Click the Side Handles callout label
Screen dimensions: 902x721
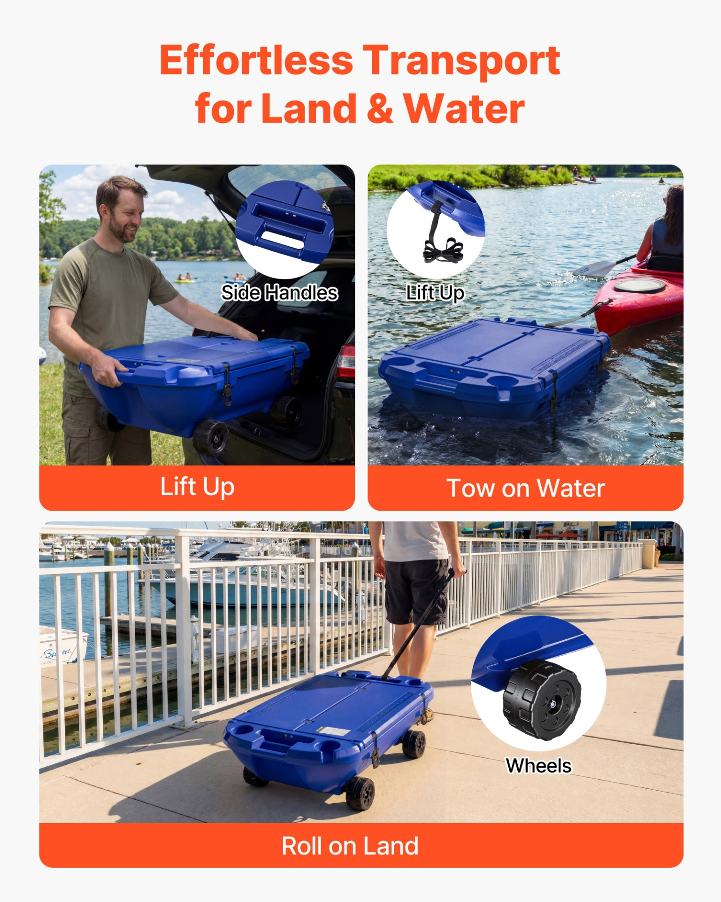point(280,293)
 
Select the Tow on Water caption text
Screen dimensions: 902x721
point(525,488)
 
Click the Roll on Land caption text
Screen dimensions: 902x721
point(350,846)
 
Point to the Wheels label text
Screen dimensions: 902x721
point(538,766)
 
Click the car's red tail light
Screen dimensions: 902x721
point(346,362)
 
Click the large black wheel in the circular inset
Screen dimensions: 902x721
point(542,700)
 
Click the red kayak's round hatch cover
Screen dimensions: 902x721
point(639,285)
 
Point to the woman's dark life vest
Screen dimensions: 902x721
point(667,244)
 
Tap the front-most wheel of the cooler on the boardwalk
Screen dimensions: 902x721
point(360,793)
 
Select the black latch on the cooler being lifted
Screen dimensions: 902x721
point(227,385)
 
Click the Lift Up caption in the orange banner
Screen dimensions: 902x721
point(197,487)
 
